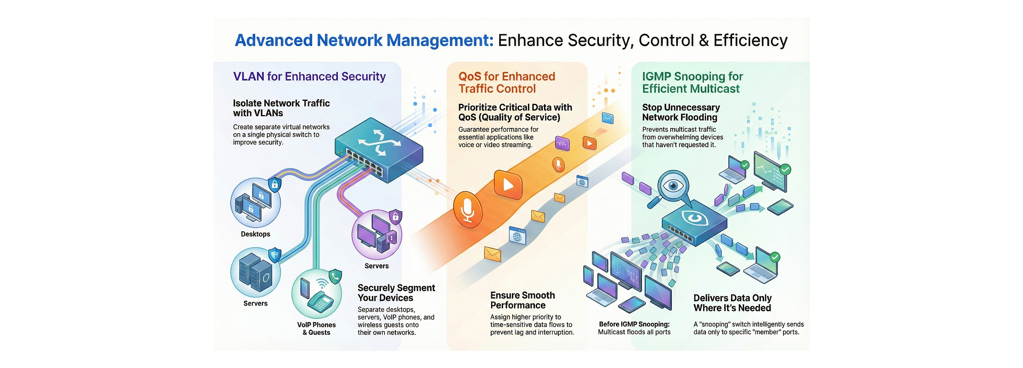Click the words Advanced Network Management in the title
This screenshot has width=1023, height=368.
tap(364, 41)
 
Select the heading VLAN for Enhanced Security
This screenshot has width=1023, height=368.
tap(309, 77)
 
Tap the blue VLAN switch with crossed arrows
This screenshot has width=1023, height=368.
tap(379, 150)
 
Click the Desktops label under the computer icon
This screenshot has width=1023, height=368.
tap(255, 234)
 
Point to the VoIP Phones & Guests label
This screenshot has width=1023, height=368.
tap(316, 329)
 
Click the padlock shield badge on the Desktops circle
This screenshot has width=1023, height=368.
tap(274, 185)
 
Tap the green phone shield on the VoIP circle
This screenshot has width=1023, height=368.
tap(335, 276)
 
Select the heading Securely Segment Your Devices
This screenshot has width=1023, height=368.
tap(396, 293)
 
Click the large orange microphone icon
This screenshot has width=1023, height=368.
tap(468, 210)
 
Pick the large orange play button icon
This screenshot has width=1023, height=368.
tap(508, 185)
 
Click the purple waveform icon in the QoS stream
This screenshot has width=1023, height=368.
tap(563, 143)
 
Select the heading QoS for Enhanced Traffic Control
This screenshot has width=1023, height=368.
tap(506, 83)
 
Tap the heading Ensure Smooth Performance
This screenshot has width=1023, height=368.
tap(522, 300)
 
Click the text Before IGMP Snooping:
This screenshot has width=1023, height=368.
tap(634, 324)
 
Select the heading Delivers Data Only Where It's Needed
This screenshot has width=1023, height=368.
tap(732, 303)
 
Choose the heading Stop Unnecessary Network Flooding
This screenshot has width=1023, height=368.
tap(680, 113)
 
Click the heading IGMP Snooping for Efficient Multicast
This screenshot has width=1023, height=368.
tap(692, 83)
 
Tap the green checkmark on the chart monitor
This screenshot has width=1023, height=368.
tap(785, 170)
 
